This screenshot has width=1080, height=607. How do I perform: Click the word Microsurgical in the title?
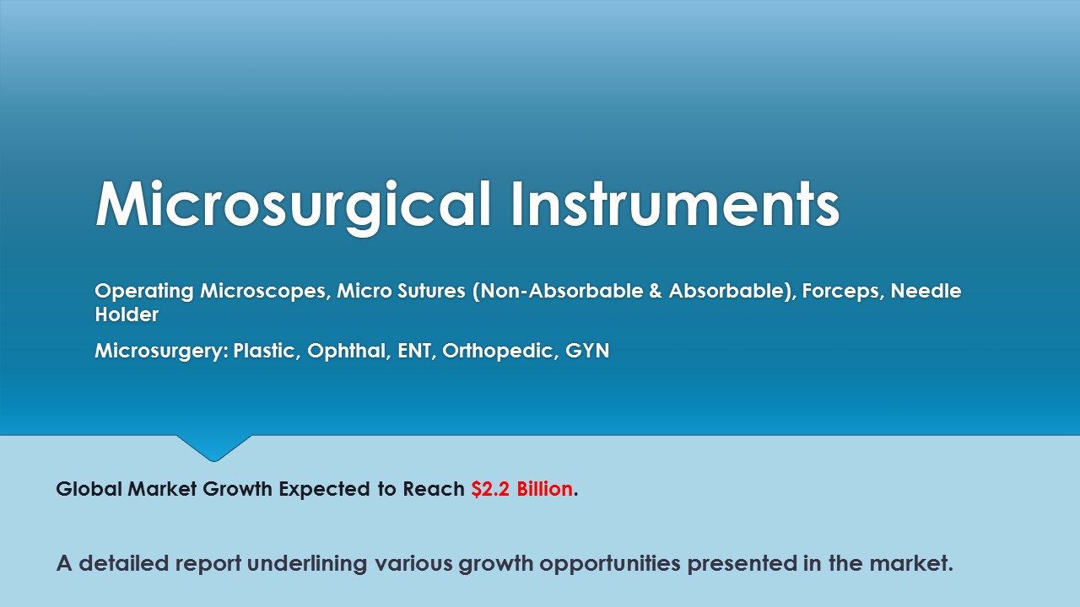pyautogui.click(x=294, y=206)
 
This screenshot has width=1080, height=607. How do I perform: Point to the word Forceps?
pyautogui.click(x=841, y=292)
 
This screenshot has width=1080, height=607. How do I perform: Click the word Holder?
pyautogui.click(x=127, y=314)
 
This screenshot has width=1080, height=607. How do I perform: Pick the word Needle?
pyautogui.click(x=926, y=291)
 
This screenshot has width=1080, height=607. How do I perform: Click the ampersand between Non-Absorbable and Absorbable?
pyautogui.click(x=656, y=291)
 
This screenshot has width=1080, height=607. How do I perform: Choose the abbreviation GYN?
pyautogui.click(x=587, y=351)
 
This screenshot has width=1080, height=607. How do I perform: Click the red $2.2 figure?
pyautogui.click(x=490, y=489)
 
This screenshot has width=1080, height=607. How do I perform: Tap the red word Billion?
pyautogui.click(x=545, y=489)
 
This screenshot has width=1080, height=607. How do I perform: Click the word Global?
pyautogui.click(x=89, y=489)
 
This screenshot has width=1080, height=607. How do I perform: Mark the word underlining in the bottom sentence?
pyautogui.click(x=306, y=564)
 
